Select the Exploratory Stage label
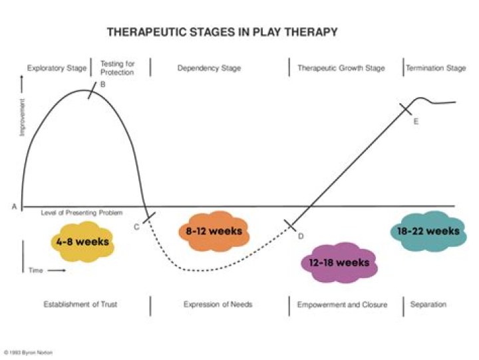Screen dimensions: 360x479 [57, 69]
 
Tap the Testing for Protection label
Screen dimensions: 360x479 [117, 68]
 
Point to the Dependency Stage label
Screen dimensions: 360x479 [209, 69]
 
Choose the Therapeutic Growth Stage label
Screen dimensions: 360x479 [341, 69]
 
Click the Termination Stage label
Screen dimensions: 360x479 [436, 69]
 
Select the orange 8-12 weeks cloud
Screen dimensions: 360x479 [210, 232]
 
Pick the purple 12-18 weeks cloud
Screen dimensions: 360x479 [339, 262]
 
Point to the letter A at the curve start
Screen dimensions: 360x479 [14, 207]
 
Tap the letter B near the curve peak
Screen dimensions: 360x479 [103, 85]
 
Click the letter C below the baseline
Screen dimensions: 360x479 [136, 227]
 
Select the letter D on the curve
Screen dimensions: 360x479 [300, 236]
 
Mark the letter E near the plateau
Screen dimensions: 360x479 [416, 121]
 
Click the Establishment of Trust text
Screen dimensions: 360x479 [80, 305]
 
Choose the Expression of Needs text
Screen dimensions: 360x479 [218, 305]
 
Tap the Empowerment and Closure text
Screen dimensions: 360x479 [341, 305]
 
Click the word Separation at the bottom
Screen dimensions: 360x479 [428, 305]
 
